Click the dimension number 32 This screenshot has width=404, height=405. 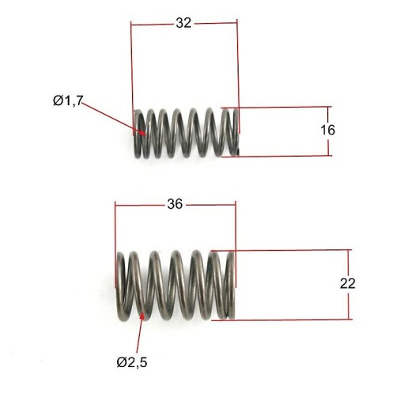point(183,23)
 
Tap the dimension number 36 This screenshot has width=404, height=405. point(175,204)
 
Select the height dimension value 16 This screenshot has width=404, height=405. point(328,130)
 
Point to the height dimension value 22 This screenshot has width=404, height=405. point(348,284)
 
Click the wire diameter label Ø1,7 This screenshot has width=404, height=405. point(68,100)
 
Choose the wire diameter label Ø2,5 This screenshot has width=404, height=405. point(132,362)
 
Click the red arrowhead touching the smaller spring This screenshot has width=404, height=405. point(142,133)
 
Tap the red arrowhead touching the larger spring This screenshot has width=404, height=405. point(143,316)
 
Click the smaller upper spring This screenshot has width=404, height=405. point(187,133)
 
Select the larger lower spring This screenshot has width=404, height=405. point(176,286)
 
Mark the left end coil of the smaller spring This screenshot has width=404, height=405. point(138,134)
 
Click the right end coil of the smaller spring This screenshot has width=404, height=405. point(235,132)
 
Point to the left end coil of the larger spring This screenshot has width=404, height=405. point(121,287)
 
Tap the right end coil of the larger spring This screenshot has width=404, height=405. point(231,286)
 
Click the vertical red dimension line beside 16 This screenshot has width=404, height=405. point(328,131)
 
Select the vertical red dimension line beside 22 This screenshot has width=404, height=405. point(349,285)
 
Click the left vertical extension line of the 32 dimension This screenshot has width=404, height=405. point(132,78)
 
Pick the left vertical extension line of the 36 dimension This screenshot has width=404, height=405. point(115,244)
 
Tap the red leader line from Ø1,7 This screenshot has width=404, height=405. point(114,118)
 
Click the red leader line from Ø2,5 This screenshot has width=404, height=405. point(140,333)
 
